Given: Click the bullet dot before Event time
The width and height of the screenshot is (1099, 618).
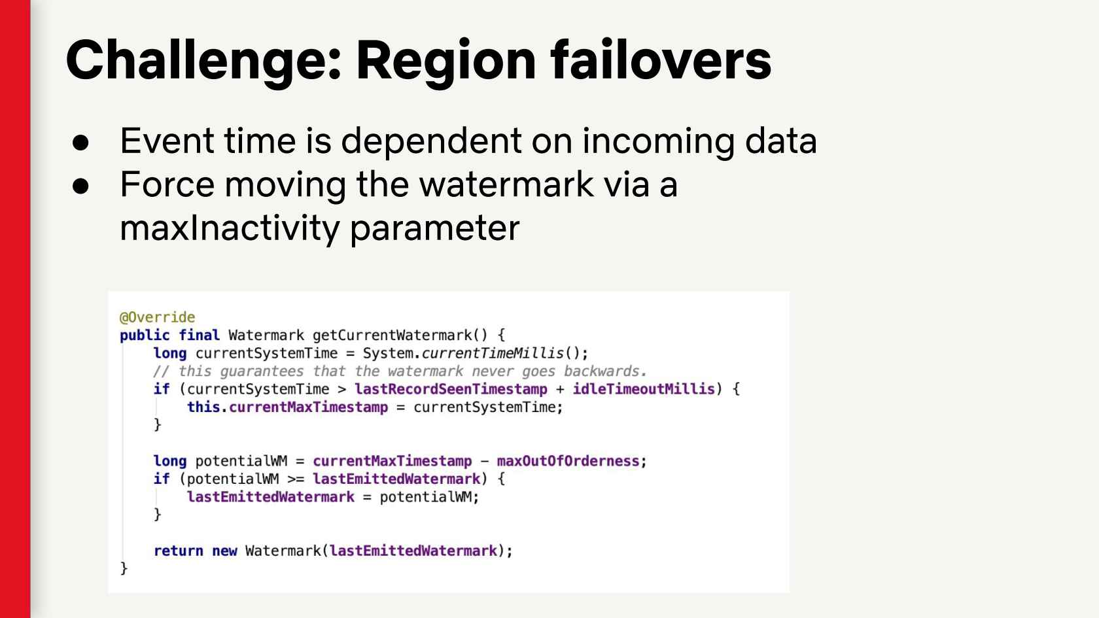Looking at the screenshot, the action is point(80,143).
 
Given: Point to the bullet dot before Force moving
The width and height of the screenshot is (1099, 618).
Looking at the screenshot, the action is point(80,186).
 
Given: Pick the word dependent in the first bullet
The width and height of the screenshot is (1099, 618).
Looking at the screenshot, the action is point(430,141).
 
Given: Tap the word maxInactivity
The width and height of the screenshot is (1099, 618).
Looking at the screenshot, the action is point(230,229).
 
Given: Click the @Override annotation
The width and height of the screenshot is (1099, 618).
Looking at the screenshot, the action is point(157,317).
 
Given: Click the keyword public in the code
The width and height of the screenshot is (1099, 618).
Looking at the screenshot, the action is point(145,335).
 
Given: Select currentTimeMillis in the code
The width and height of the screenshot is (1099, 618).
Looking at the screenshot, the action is point(492,353).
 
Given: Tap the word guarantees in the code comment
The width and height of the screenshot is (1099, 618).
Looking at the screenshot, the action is point(262,371).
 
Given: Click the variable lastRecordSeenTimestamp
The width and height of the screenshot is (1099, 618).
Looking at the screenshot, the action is point(450,389).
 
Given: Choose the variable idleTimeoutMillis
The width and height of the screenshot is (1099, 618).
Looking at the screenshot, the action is point(643,389).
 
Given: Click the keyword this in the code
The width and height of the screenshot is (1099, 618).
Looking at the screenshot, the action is point(203,407).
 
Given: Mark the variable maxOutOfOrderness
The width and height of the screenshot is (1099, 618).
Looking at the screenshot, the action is point(568,461).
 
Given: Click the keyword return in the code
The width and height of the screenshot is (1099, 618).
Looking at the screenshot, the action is point(178,551).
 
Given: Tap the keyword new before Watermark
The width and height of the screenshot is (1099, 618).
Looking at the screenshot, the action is point(224,551).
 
